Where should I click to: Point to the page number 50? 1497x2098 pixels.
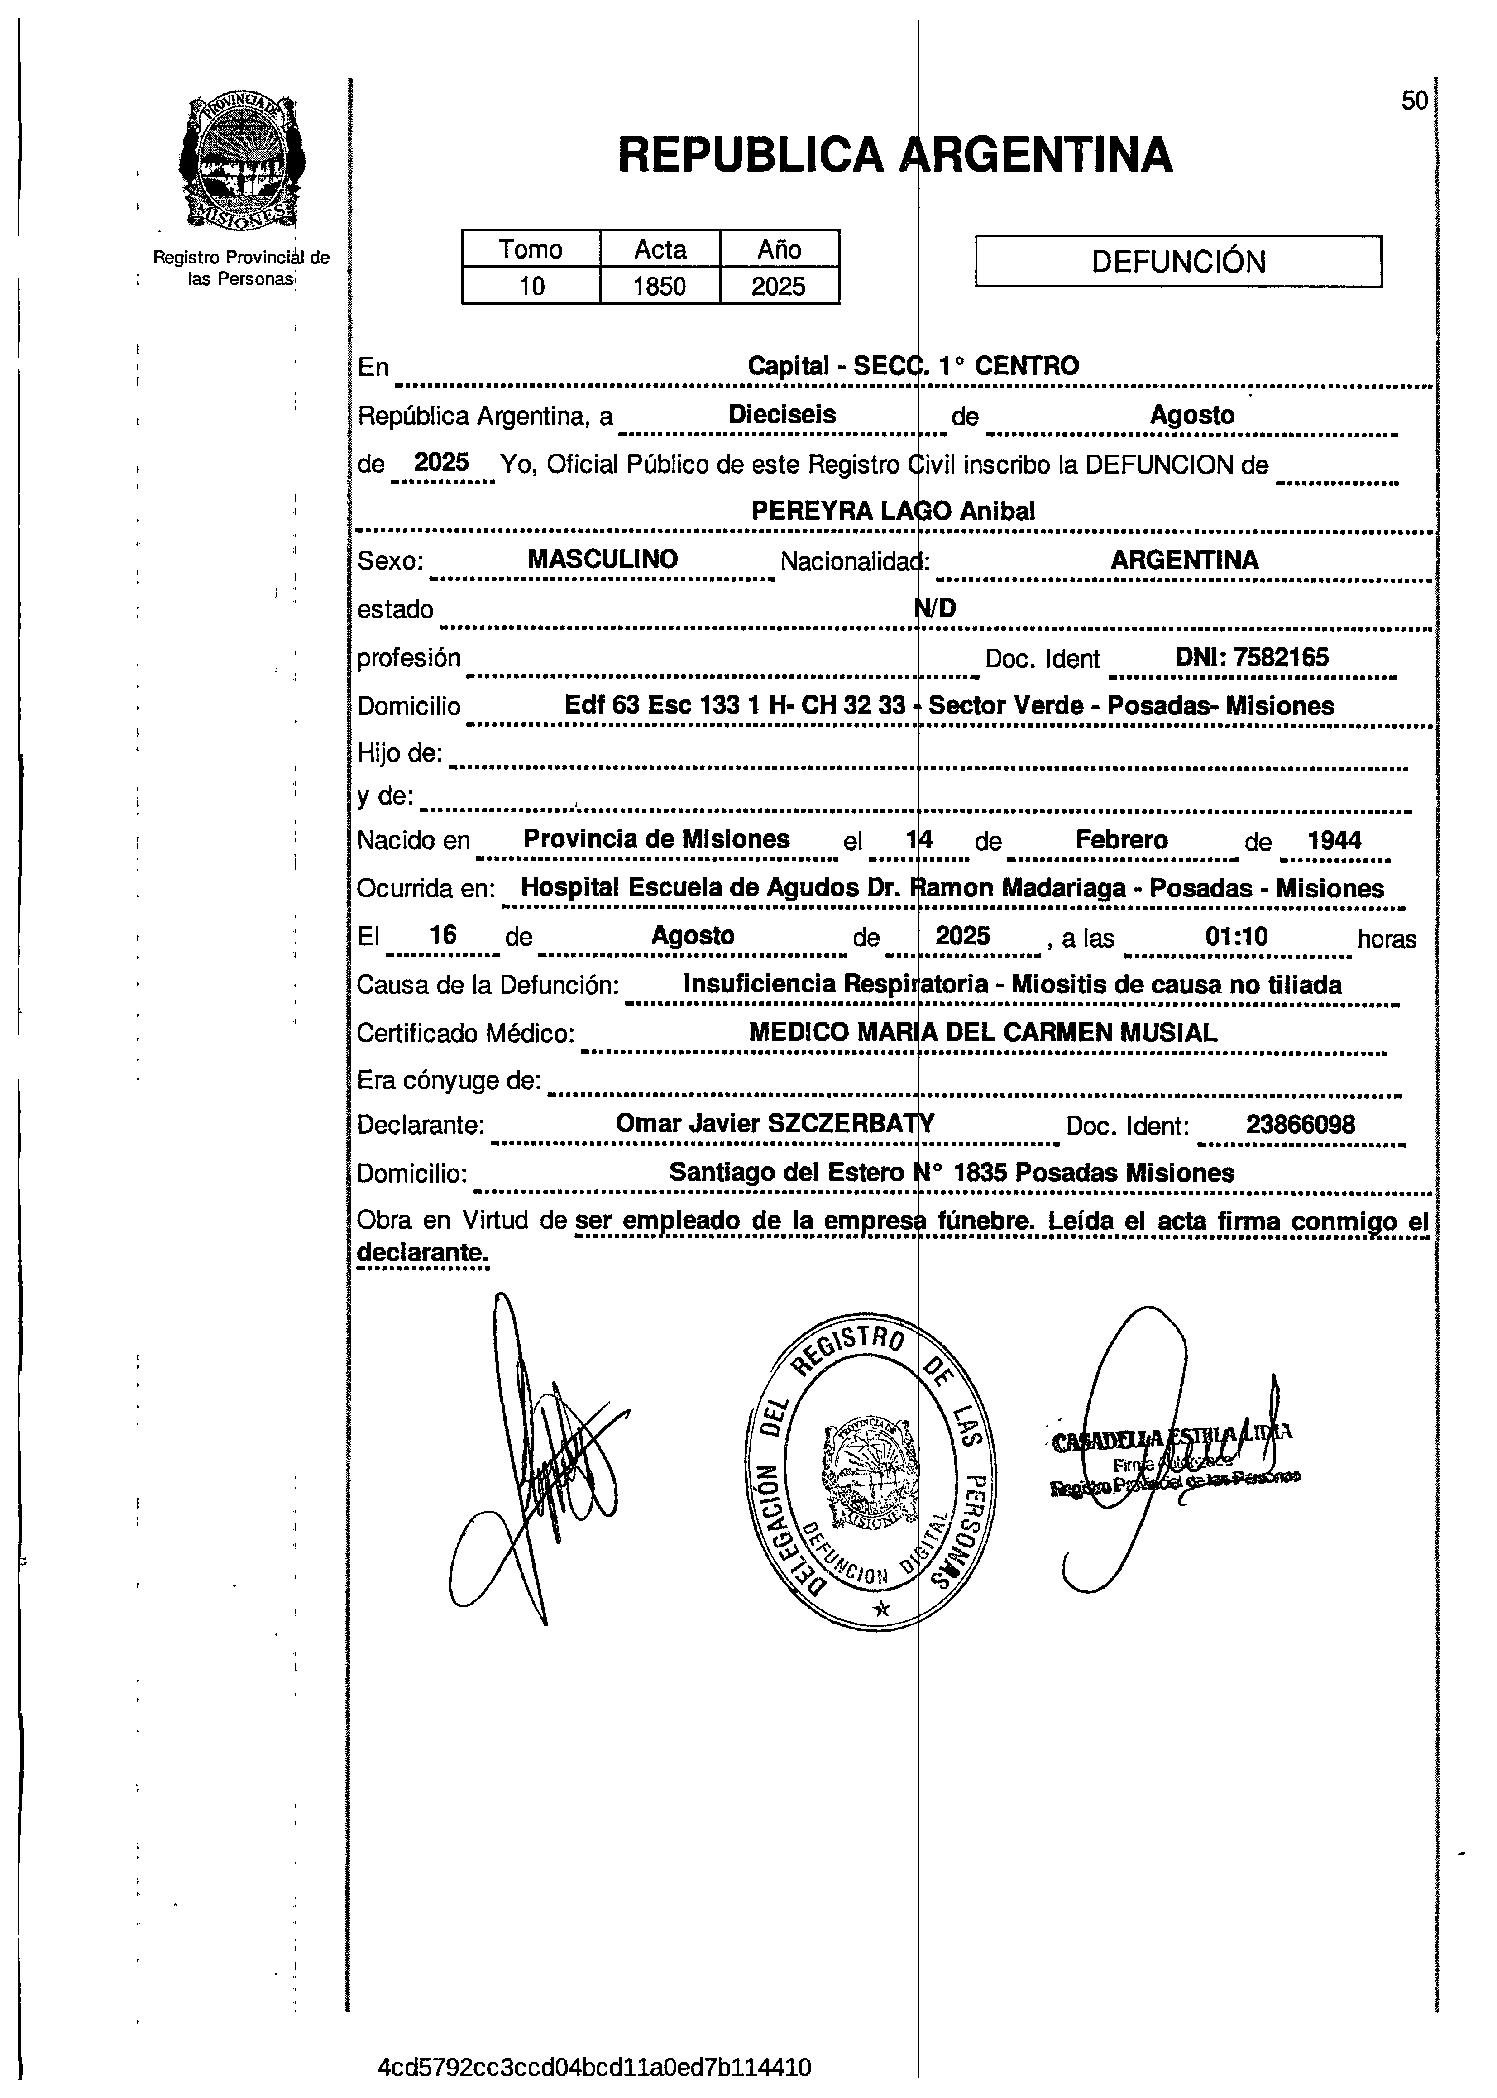1414,101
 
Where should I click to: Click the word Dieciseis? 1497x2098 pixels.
782,415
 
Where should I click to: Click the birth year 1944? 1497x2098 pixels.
1334,840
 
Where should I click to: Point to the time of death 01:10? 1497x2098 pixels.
1236,938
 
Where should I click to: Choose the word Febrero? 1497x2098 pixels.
1121,840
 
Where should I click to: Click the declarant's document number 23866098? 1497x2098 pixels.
1300,1125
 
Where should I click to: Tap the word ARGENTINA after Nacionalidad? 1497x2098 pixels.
1184,560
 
